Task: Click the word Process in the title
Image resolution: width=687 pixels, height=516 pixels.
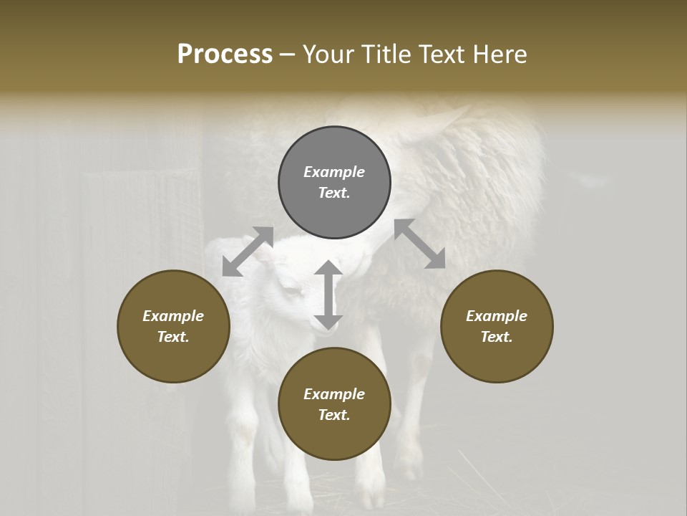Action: pyautogui.click(x=225, y=54)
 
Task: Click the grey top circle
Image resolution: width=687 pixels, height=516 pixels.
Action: pyautogui.click(x=334, y=183)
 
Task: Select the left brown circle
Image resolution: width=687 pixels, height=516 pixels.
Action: pyautogui.click(x=173, y=326)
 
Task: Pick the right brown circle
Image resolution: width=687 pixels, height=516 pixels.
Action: pyautogui.click(x=497, y=326)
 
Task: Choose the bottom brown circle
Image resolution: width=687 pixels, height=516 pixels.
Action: pyautogui.click(x=334, y=404)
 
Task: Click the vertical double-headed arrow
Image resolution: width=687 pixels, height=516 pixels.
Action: pyautogui.click(x=328, y=295)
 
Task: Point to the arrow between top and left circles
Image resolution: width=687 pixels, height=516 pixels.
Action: pyautogui.click(x=248, y=251)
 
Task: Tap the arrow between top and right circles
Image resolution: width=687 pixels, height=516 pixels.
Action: pyautogui.click(x=419, y=244)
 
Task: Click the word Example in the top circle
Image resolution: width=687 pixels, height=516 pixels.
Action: pyautogui.click(x=334, y=172)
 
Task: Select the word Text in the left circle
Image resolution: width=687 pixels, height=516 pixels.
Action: pyautogui.click(x=173, y=337)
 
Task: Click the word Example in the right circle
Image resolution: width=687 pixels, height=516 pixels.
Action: pyautogui.click(x=497, y=316)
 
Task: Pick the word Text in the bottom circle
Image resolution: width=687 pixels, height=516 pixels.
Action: pyautogui.click(x=334, y=415)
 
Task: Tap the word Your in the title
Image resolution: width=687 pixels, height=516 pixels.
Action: pyautogui.click(x=326, y=54)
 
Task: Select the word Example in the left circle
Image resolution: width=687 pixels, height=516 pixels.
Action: pyautogui.click(x=173, y=316)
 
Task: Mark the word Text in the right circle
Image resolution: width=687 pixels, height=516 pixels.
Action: pyautogui.click(x=497, y=337)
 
